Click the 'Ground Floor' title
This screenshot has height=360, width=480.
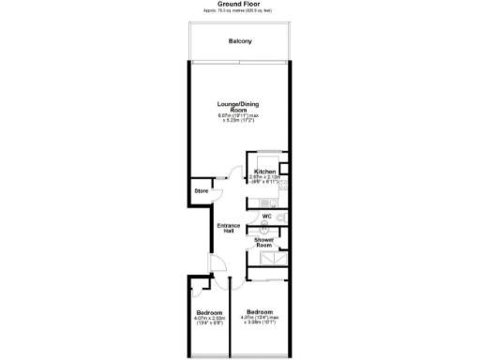pos(239,4)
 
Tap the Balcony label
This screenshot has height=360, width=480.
pos(239,40)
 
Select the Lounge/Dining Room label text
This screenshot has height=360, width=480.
pos(238,106)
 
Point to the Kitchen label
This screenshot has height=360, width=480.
pos(265,172)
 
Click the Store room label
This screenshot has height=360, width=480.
pos(201,191)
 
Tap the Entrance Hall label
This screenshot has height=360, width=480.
pos(228,229)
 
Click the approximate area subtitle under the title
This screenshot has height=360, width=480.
pos(239,10)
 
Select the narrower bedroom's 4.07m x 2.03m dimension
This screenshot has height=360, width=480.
pos(209,318)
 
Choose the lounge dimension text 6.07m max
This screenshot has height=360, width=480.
pos(238,115)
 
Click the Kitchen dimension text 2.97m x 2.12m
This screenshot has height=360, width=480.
pos(266,178)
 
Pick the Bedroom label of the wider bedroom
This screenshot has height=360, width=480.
pos(260,311)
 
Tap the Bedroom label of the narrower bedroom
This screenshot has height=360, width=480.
pos(209,312)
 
